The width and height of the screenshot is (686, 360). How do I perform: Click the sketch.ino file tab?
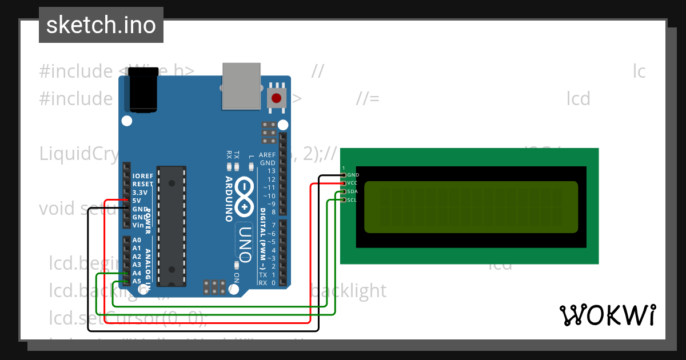point(101,25)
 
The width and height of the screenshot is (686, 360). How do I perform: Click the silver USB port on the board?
point(241,86)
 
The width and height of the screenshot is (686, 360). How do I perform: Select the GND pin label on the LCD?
point(353,175)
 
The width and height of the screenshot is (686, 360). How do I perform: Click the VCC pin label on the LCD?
point(353,183)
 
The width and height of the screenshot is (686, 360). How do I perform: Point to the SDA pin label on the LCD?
point(353,191)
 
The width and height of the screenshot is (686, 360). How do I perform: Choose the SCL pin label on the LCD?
point(352,200)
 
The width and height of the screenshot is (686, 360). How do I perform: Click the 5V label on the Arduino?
point(137,201)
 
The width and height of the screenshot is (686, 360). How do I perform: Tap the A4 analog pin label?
point(137,273)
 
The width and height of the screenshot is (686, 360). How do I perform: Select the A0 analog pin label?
point(137,240)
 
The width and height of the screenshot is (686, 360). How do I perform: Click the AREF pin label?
point(267,155)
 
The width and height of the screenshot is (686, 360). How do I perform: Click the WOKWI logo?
point(608,315)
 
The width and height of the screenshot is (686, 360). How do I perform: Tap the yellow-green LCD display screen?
point(471,207)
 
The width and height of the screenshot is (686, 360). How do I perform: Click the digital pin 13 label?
point(272,171)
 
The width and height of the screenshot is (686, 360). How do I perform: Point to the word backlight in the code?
point(348,290)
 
